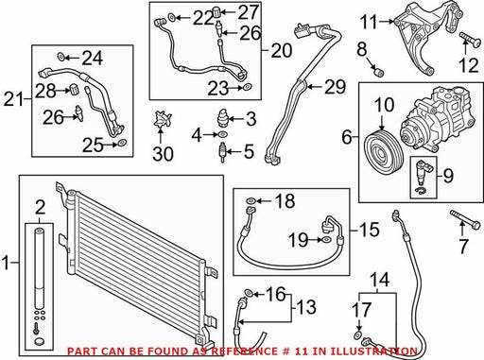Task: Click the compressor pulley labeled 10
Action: coord(383,154)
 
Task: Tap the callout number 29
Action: coord(336,87)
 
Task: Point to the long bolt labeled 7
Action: coord(465,218)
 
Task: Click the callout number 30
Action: coord(163,154)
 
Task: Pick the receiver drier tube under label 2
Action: coord(40,268)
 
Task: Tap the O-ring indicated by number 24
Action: coord(60,57)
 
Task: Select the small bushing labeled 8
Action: coord(378,72)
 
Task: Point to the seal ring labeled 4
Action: coord(222,134)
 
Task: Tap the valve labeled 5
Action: coord(222,152)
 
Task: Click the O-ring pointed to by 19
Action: coord(326,240)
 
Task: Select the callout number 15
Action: coord(369,230)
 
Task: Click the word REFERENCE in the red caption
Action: coord(242,351)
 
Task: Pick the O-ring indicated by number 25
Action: coord(122,144)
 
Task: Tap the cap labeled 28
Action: coord(74,89)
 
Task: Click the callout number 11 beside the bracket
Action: coord(369,22)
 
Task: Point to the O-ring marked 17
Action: coord(357,334)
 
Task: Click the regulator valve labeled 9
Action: coord(423,174)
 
